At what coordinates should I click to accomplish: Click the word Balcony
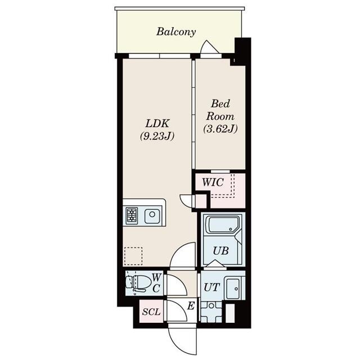point(176,31)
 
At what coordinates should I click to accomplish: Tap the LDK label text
point(157,123)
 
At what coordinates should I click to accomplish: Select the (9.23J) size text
point(157,136)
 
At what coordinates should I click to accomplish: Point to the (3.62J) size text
point(220,128)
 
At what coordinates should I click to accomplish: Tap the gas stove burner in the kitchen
point(132,215)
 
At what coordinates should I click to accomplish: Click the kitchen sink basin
point(152,215)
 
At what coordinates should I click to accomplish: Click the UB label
point(220,251)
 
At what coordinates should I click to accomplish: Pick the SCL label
point(150,311)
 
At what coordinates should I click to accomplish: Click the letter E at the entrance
point(191,306)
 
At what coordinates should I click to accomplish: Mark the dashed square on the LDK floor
point(133,256)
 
